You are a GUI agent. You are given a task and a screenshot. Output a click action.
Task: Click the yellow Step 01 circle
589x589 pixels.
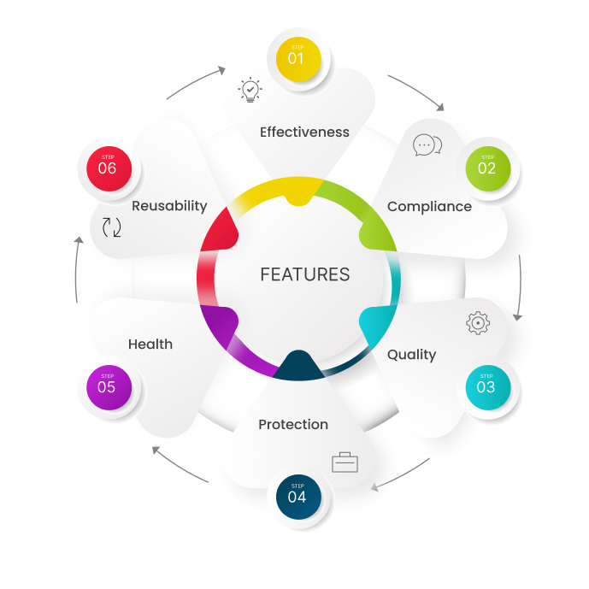point(296,57)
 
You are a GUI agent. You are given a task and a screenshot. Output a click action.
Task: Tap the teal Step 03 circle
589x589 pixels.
point(486,386)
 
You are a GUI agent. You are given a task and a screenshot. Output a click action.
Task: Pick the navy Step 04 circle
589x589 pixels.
point(297,495)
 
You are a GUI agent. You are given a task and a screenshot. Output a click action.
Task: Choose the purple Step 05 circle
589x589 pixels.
point(107,386)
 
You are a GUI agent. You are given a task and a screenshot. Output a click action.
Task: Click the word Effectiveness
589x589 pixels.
point(304,133)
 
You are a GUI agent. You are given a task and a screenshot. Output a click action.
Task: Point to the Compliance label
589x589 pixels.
point(429,207)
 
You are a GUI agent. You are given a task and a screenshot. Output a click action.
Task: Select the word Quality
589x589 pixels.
point(411,355)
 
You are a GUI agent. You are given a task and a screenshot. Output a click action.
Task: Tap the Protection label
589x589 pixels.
point(293,425)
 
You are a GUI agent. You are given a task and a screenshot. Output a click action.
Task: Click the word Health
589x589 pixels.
point(150,345)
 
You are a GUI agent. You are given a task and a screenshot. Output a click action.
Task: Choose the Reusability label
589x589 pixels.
point(169,206)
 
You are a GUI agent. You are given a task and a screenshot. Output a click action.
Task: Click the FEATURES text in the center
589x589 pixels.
point(305,274)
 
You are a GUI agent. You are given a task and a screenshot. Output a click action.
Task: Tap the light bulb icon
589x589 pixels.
point(250,91)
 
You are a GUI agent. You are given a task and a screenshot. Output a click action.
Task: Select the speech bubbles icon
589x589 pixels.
point(427,145)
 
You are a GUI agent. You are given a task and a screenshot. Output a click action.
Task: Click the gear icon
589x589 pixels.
point(478,323)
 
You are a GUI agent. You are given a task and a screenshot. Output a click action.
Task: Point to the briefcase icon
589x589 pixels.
point(345,462)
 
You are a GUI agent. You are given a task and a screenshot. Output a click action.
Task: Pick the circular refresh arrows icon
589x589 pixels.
point(112,227)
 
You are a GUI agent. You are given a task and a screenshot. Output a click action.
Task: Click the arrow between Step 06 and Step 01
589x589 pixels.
point(195,80)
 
